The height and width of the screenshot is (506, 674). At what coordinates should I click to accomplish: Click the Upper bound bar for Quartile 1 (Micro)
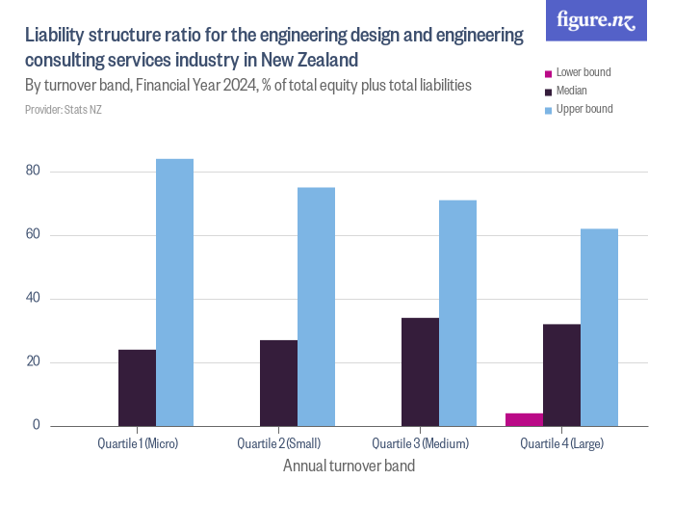point(174,292)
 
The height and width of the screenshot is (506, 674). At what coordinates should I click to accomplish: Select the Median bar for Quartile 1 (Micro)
point(137,387)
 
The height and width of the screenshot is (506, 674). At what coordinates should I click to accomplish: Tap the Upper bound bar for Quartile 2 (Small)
point(316,306)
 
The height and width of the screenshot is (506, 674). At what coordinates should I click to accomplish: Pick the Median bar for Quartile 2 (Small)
point(278,383)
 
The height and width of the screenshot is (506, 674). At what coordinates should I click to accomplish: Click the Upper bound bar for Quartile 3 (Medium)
point(457,313)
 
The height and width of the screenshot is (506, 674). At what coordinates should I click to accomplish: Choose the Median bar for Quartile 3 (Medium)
point(420,372)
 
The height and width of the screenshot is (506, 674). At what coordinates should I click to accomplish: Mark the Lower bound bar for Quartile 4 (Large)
point(524,419)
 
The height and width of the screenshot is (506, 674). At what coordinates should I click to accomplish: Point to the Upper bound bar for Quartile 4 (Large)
point(599,328)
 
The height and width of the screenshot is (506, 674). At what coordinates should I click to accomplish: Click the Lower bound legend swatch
point(549,73)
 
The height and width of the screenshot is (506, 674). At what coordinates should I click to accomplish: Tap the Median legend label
point(572,92)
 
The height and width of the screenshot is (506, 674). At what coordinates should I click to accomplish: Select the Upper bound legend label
point(583,110)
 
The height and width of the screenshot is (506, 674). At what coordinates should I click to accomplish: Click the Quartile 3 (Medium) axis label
point(420,444)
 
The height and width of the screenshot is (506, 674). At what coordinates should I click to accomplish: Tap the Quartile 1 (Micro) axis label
point(138,444)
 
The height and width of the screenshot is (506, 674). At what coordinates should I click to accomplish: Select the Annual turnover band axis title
point(350,466)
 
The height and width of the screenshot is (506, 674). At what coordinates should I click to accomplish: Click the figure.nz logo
point(597,21)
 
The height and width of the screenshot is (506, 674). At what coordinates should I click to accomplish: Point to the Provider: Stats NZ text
point(63,110)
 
